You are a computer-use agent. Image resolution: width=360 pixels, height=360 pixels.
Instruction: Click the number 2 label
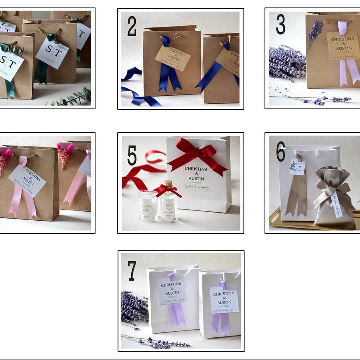[132, 26]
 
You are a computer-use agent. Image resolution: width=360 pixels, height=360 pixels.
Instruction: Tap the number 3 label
[280, 24]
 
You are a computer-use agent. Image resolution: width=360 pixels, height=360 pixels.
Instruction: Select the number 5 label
[132, 155]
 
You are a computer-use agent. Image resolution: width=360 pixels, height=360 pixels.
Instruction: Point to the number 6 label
[281, 151]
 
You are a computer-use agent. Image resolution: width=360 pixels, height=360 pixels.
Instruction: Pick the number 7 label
[132, 270]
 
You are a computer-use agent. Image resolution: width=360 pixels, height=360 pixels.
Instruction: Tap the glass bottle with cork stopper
[169, 202]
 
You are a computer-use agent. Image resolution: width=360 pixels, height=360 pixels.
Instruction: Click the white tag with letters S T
[52, 52]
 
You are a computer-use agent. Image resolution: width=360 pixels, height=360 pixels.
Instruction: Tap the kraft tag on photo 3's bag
[343, 45]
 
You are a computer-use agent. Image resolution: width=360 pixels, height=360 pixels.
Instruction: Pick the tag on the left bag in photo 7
[172, 290]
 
